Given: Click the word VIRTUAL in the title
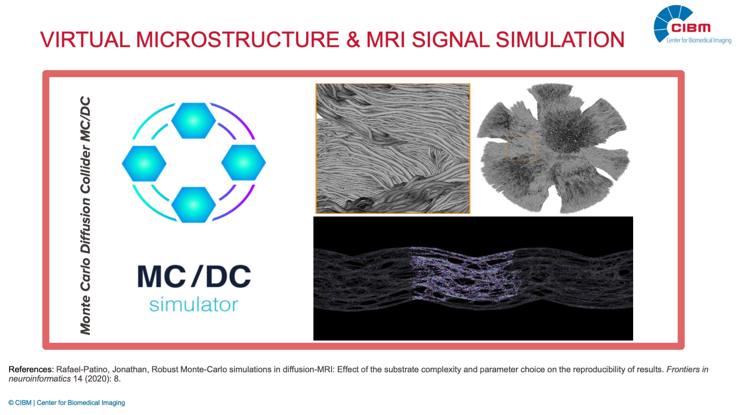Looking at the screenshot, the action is (x=85, y=39).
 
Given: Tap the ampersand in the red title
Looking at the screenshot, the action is (x=353, y=39).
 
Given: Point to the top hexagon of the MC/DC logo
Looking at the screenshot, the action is (x=194, y=120).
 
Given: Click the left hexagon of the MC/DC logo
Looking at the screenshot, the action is (x=144, y=163).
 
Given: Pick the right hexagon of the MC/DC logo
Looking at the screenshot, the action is (x=243, y=163).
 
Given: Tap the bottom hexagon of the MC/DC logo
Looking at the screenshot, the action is (x=194, y=205).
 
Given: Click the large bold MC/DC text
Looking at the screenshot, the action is (x=194, y=276).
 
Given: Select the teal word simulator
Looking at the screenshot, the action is (x=194, y=304).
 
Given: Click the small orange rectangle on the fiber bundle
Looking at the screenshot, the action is (x=521, y=148).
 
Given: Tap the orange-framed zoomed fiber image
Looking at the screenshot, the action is (x=393, y=149).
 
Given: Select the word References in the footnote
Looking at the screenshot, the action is (x=31, y=370).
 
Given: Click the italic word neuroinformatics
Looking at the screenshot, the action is (x=40, y=379).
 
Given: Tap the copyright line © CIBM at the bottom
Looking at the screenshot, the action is (x=67, y=403).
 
